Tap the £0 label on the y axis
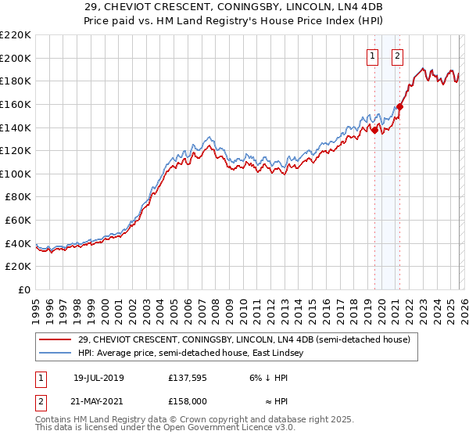point(25,290)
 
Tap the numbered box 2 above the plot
point(398,56)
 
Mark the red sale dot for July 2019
point(374,131)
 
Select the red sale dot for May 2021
point(399,106)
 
